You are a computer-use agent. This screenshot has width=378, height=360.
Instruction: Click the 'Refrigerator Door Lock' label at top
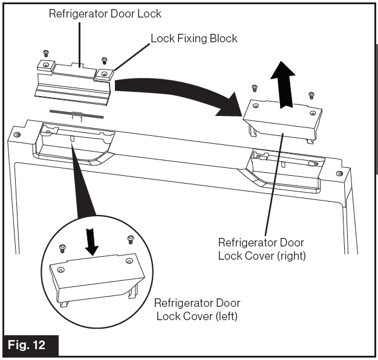tap(105, 13)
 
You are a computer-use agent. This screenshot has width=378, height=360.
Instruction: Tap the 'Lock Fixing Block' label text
tap(194, 39)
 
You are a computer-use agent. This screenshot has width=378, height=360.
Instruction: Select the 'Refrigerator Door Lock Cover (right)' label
tap(262, 249)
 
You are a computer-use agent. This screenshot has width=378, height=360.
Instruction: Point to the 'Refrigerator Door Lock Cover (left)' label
tap(195, 309)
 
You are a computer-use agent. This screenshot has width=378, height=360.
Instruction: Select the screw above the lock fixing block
tap(104, 60)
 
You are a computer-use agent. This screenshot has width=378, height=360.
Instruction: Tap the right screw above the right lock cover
tap(311, 95)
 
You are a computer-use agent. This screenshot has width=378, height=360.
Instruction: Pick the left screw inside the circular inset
tap(62, 248)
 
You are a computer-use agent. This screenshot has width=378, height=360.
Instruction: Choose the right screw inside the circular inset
tap(129, 240)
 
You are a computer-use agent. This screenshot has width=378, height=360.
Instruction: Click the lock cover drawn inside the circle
tap(97, 275)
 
